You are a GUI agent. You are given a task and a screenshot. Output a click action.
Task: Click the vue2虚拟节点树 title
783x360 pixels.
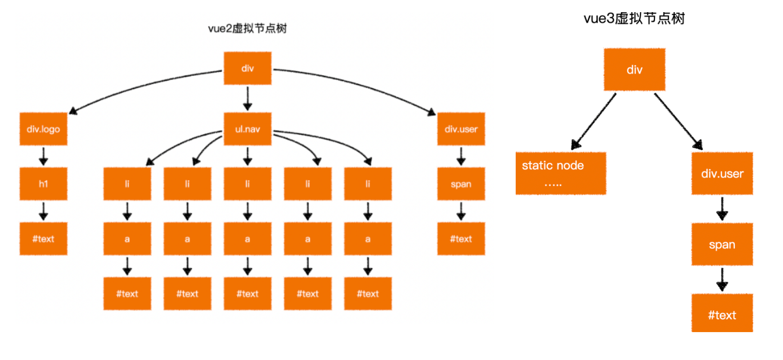(247, 29)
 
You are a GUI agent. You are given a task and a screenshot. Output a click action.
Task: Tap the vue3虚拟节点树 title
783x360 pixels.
(634, 19)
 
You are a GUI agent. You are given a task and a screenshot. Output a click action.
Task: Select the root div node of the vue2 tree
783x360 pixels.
(247, 68)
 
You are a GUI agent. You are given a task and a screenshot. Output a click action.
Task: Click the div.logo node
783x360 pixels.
(43, 129)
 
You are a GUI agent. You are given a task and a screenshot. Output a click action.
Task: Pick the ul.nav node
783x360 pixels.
(247, 129)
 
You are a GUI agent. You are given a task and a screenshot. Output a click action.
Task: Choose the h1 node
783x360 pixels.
(43, 184)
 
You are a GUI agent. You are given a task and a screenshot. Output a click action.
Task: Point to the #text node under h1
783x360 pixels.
(43, 239)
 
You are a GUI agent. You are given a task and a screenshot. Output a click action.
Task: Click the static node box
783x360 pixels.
(560, 173)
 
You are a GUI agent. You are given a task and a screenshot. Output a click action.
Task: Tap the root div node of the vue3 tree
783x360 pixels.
(634, 70)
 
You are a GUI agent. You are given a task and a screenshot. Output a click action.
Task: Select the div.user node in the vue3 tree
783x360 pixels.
(722, 174)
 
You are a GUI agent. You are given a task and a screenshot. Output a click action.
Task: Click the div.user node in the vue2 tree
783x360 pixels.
(461, 129)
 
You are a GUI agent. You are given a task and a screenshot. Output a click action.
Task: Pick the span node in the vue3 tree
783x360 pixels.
(722, 245)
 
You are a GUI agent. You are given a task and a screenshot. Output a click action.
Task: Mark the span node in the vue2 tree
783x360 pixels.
(461, 184)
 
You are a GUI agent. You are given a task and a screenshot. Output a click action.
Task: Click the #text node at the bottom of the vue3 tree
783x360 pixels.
(722, 315)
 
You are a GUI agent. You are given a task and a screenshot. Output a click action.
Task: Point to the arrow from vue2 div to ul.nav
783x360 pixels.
(247, 99)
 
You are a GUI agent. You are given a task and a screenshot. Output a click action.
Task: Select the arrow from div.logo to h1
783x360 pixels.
(43, 156)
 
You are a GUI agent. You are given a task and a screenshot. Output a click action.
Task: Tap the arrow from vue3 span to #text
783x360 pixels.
(722, 279)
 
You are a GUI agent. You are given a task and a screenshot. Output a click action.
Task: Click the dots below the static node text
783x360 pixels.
(553, 184)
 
